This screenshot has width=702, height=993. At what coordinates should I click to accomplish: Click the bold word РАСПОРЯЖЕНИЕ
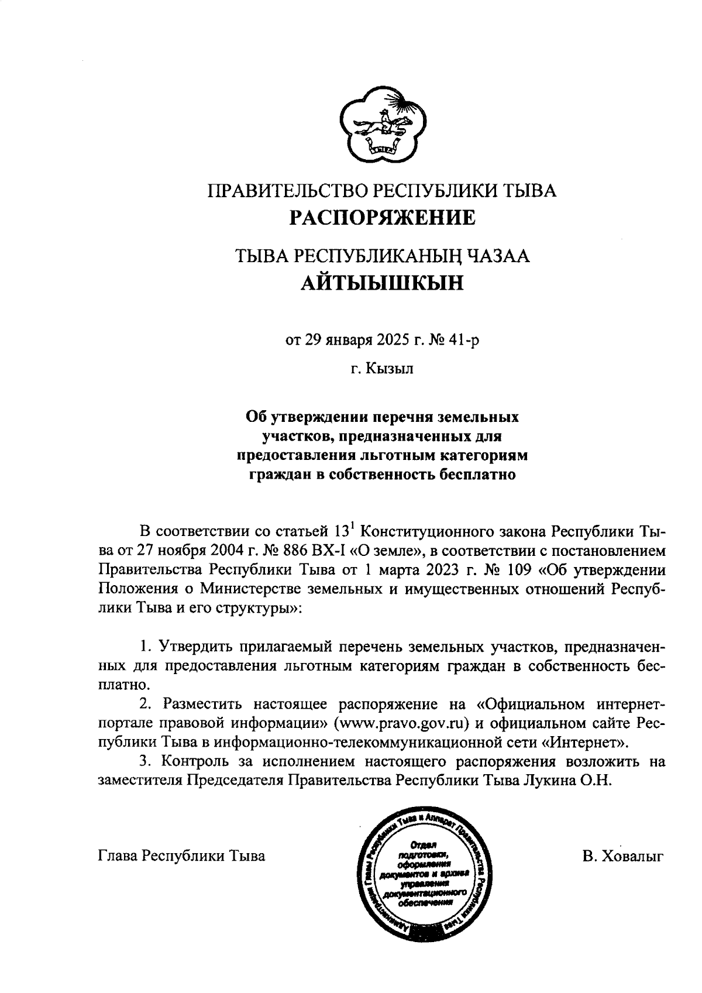coord(383,218)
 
